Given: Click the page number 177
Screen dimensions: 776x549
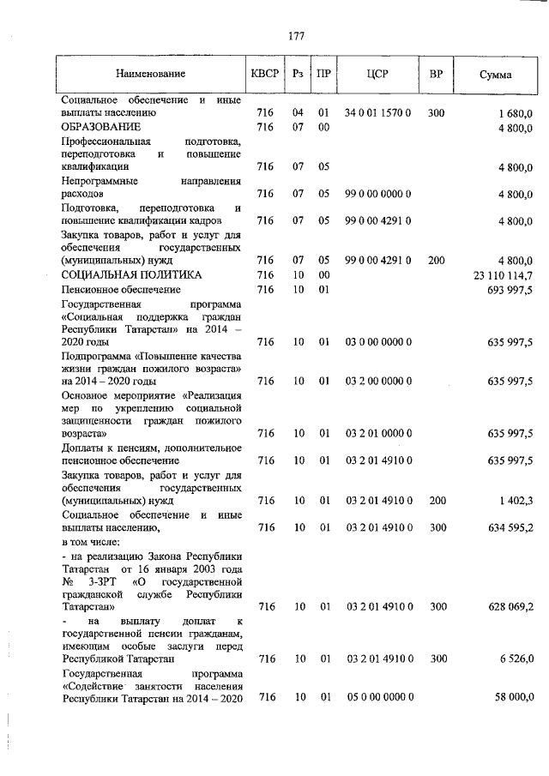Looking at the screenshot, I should pyautogui.click(x=296, y=35).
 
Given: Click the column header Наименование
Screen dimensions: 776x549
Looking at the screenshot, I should pyautogui.click(x=150, y=75).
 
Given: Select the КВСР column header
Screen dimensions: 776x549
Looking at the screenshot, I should pyautogui.click(x=265, y=75).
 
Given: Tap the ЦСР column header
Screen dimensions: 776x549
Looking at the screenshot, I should pyautogui.click(x=377, y=75).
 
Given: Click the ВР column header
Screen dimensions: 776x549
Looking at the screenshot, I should pyautogui.click(x=436, y=75).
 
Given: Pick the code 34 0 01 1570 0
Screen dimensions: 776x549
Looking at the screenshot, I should pyautogui.click(x=377, y=112).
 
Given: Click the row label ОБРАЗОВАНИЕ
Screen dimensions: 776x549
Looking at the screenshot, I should pyautogui.click(x=100, y=128).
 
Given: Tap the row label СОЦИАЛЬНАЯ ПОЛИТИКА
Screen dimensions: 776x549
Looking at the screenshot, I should pyautogui.click(x=132, y=275).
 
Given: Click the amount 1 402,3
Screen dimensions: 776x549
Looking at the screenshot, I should pyautogui.click(x=515, y=501).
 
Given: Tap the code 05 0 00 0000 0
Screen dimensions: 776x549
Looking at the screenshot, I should pyautogui.click(x=378, y=698).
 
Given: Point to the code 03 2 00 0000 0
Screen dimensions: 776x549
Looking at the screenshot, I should pyautogui.click(x=378, y=381).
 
